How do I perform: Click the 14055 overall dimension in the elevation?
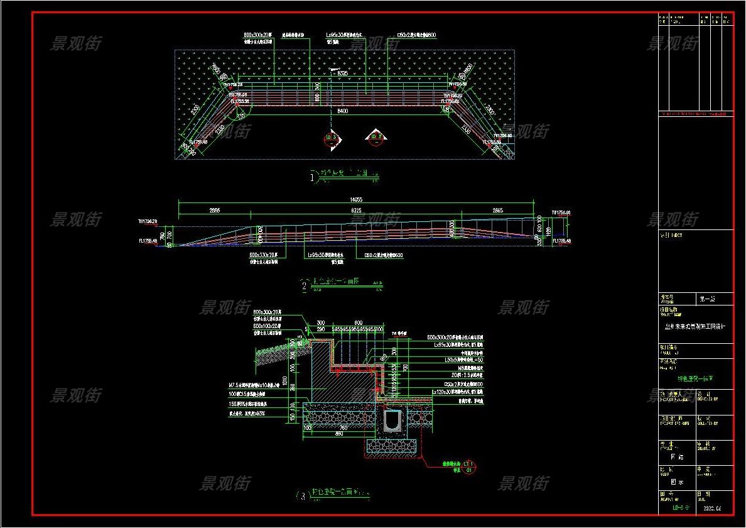click(x=355, y=200)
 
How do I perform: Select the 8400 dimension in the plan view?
click(x=342, y=111)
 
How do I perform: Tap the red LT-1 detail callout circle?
click(x=467, y=466)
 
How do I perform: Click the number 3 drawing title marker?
click(x=303, y=497)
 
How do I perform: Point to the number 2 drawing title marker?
click(x=305, y=287)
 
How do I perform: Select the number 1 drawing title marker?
click(x=312, y=177)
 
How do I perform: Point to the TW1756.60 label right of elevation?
click(x=560, y=212)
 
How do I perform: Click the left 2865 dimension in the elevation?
click(x=214, y=210)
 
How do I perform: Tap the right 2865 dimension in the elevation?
click(x=497, y=210)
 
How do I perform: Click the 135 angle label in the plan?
click(x=241, y=116)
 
